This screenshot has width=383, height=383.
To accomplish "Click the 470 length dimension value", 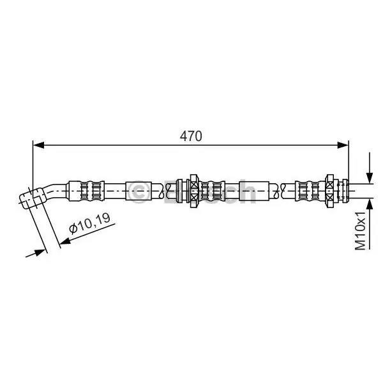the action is (191, 137).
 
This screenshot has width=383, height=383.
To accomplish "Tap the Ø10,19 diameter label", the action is (89, 223).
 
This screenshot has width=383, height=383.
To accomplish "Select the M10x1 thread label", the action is (360, 231).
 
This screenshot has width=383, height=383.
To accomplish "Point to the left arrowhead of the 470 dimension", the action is (38, 145).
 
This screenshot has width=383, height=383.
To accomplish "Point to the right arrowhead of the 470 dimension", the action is (343, 145).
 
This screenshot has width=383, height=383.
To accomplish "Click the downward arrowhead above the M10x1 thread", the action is (370, 177).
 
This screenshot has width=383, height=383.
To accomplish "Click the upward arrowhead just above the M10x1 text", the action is (370, 204).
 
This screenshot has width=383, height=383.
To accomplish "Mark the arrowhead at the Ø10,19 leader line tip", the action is (65, 241).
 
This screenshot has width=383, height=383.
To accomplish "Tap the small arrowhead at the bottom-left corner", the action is (40, 252).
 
